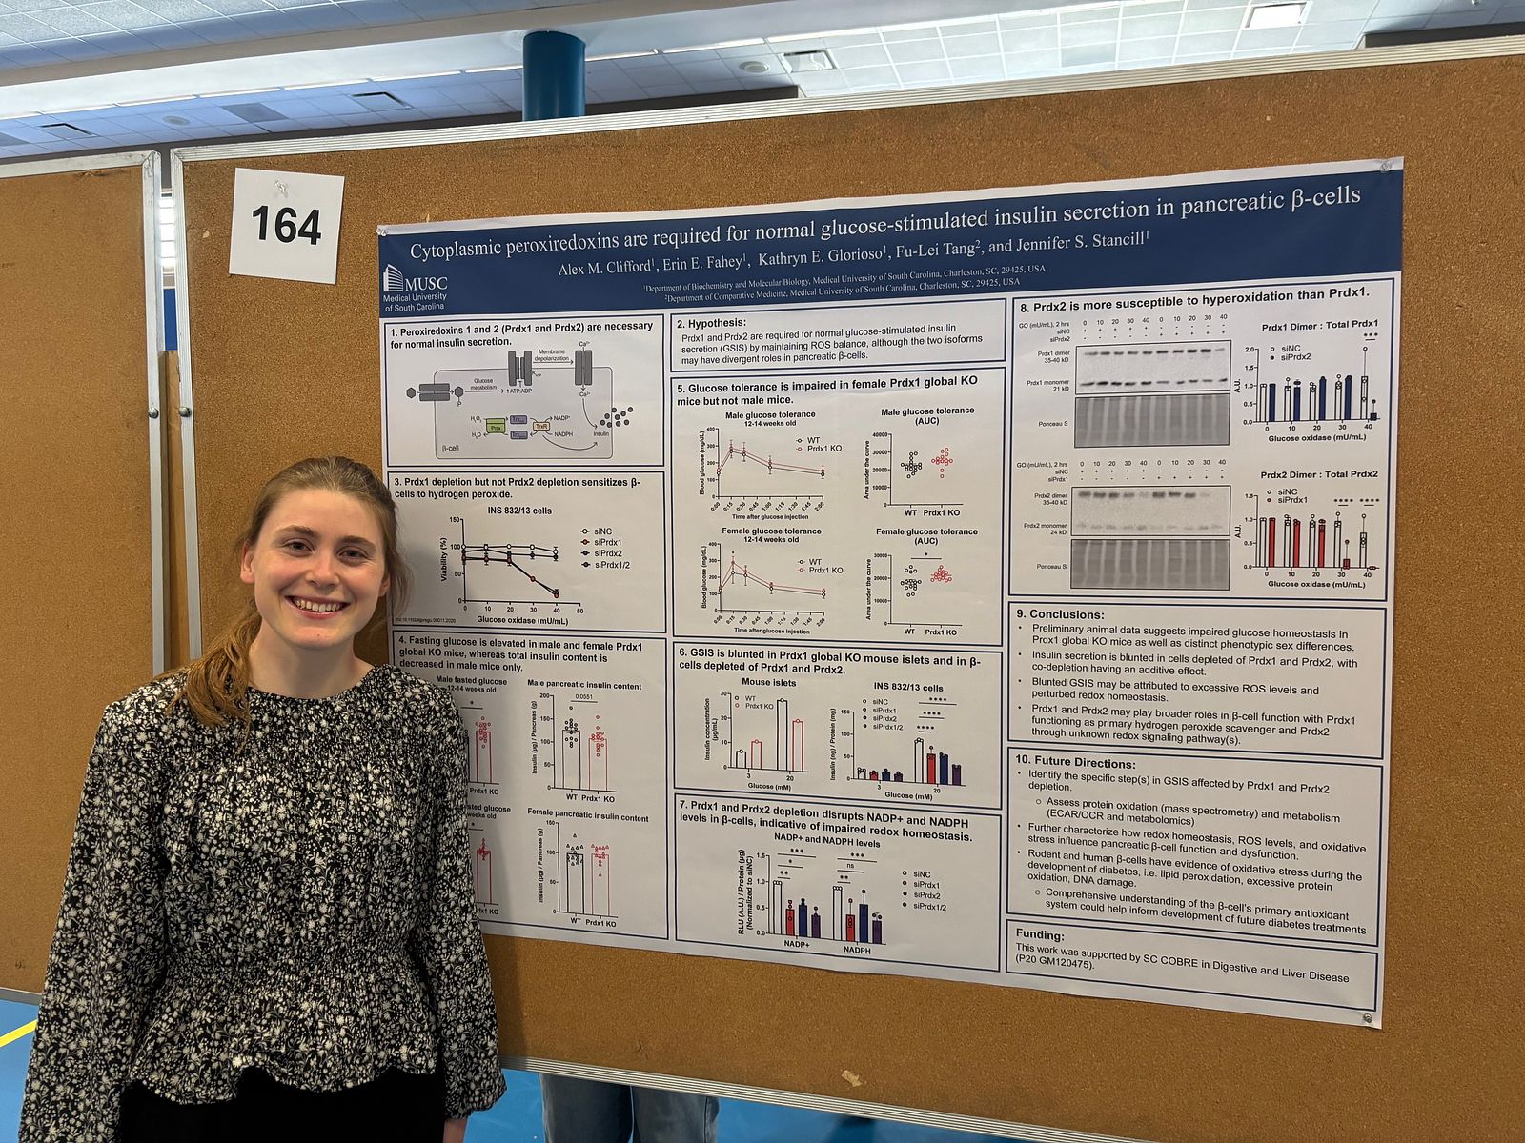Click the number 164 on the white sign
click(x=286, y=226)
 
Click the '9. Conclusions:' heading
click(x=1060, y=614)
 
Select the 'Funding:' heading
click(x=1039, y=934)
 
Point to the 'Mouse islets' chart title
click(x=769, y=683)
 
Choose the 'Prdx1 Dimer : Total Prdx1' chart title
click(x=1319, y=326)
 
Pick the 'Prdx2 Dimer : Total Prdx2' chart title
click(x=1318, y=474)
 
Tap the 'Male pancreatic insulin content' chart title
click(x=584, y=686)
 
